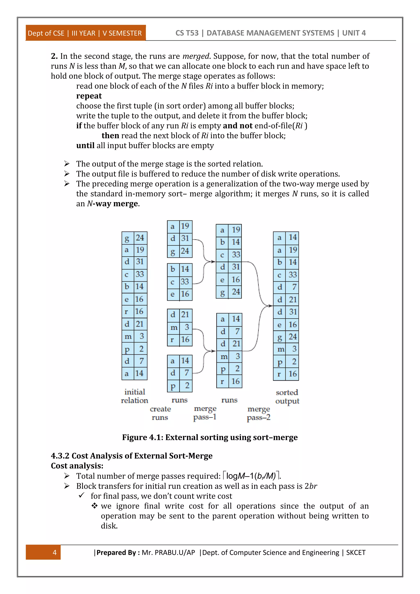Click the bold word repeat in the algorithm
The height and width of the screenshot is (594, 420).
pos(89,96)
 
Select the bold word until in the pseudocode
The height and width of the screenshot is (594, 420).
pos(85,146)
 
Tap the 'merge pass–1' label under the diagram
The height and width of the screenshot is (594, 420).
pos(205,413)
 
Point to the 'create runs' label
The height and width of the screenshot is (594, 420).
pos(160,413)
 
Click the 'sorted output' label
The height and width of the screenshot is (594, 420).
pos(287,397)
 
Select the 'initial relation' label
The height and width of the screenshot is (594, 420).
pos(135,396)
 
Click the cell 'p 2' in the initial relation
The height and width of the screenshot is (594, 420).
pos(135,349)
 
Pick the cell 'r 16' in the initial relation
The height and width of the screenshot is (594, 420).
pos(135,312)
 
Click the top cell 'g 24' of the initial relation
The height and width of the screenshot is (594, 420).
pos(135,238)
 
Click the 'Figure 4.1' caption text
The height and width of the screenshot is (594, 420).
pos(210,437)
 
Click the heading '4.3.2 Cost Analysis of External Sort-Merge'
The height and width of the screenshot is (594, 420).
pos(132,456)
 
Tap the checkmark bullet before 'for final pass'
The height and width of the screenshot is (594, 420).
pos(81,495)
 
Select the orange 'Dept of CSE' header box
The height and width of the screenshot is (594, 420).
pos(85,33)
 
